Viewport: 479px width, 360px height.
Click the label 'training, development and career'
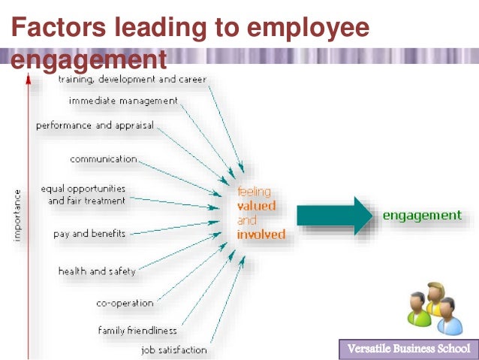(x=132, y=79)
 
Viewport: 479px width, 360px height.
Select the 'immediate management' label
(x=124, y=101)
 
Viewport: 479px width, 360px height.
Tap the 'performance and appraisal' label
(x=95, y=126)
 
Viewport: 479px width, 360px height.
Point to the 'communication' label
(x=104, y=159)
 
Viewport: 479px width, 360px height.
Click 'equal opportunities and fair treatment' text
(x=83, y=195)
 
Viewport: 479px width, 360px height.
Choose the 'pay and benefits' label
(x=89, y=234)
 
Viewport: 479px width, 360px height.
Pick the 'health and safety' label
(x=97, y=271)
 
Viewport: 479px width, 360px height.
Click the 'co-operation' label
(x=125, y=304)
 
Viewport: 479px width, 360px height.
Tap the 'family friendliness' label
(x=137, y=330)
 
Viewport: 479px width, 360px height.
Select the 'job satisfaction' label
(x=174, y=350)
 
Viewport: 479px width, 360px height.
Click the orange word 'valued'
(x=256, y=206)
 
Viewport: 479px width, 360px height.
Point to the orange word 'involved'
(x=261, y=234)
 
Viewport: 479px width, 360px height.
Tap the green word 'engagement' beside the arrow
(x=422, y=216)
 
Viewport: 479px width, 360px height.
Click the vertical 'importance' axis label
(x=17, y=216)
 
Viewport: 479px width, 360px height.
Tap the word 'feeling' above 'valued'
(x=255, y=192)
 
